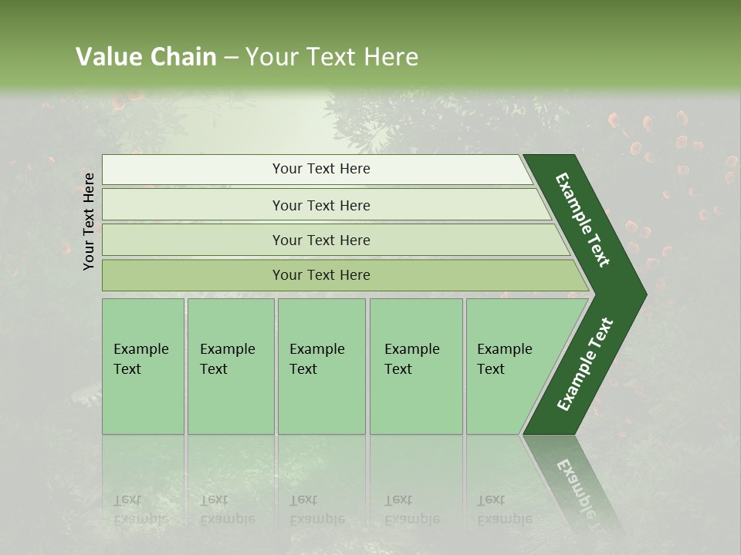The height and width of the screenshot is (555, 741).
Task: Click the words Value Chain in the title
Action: click(146, 57)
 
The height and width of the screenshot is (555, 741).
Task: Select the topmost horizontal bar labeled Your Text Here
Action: click(321, 169)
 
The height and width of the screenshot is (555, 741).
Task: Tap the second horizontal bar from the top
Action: click(321, 205)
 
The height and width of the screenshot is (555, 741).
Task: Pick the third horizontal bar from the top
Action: click(321, 240)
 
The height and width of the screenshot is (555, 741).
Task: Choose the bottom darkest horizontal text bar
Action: click(321, 275)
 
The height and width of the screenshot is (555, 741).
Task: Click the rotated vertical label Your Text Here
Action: click(89, 221)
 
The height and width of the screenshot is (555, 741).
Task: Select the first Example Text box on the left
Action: click(143, 366)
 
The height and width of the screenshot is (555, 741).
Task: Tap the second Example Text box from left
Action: click(230, 366)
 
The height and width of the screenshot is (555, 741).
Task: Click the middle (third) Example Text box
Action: click(321, 366)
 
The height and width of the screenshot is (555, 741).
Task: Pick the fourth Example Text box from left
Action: click(415, 366)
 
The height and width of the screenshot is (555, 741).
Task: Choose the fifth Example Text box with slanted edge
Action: click(509, 366)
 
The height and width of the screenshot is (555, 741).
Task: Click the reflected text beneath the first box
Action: click(140, 510)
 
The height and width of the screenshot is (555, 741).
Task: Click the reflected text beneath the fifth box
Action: click(505, 510)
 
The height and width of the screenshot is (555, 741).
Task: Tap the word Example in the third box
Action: click(316, 349)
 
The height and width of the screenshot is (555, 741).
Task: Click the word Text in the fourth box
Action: click(398, 369)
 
